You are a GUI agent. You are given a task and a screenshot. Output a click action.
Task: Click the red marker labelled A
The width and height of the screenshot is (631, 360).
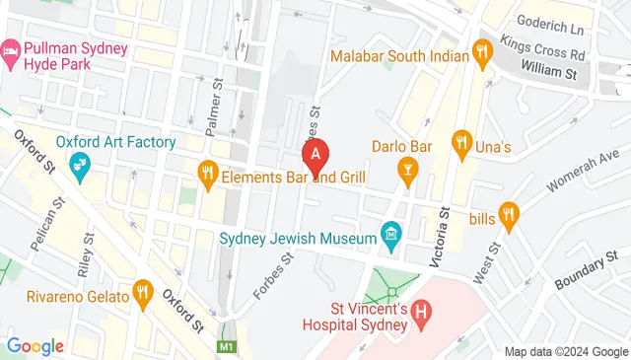[x=315, y=156]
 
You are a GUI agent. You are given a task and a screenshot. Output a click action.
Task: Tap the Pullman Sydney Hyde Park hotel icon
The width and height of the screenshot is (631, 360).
[x=11, y=49]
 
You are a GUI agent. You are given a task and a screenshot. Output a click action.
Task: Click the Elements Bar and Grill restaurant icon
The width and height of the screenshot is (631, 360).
[x=207, y=175]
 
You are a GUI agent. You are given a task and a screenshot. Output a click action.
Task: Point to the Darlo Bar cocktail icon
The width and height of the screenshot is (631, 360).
[x=406, y=174]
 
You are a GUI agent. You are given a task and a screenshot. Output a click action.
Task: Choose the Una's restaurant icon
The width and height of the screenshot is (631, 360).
[x=460, y=143]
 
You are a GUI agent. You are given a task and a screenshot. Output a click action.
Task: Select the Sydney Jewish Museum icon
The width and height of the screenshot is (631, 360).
[x=391, y=236]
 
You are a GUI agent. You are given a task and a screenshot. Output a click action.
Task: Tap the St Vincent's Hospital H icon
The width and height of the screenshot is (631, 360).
[x=422, y=315]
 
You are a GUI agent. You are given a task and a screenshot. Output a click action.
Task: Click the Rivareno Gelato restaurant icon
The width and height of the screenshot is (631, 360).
[x=144, y=291]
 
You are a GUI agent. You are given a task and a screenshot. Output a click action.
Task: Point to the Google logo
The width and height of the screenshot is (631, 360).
[x=35, y=346]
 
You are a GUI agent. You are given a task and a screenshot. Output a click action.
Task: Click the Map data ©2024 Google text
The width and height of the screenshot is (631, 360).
[x=567, y=351]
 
